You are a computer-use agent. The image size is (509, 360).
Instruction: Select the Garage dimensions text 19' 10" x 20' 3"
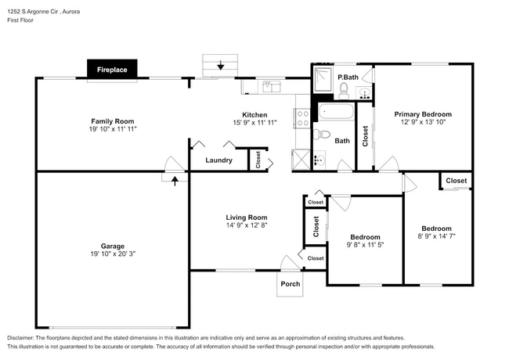click(x=113, y=254)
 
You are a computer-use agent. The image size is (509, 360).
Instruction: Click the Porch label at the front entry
click(x=291, y=284)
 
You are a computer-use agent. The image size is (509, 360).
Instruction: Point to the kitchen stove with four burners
click(x=302, y=118)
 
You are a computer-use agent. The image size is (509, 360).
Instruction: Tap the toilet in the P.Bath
click(x=344, y=90)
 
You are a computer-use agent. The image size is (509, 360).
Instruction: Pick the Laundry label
click(x=218, y=160)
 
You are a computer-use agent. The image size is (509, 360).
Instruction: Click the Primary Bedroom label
click(x=423, y=114)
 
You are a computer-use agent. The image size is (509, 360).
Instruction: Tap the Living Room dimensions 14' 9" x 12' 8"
click(x=247, y=225)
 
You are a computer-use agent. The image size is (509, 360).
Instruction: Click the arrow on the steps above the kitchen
click(x=221, y=66)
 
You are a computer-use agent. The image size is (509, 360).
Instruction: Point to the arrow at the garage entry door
click(x=174, y=179)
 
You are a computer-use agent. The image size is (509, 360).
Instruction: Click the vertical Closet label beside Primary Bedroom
click(x=365, y=137)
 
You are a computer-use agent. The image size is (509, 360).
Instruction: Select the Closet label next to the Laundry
click(x=258, y=160)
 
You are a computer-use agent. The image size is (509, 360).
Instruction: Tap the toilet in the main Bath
click(x=323, y=134)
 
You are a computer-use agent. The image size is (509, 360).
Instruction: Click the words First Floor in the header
click(x=23, y=22)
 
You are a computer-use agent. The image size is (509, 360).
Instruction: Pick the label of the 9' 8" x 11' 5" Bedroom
click(x=365, y=236)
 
